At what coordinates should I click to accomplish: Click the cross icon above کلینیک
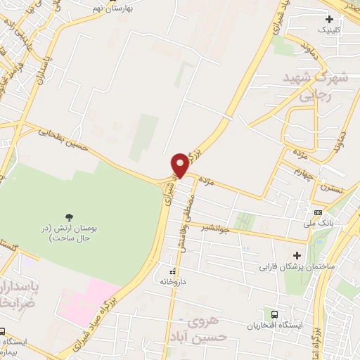pyautogui.click(x=328, y=19)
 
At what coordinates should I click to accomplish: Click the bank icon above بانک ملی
pyautogui.click(x=318, y=213)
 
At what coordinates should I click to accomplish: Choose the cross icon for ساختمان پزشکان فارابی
pyautogui.click(x=296, y=255)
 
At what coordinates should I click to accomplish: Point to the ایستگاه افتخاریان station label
pyautogui.click(x=276, y=325)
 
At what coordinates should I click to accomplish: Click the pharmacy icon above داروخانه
pyautogui.click(x=171, y=271)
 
